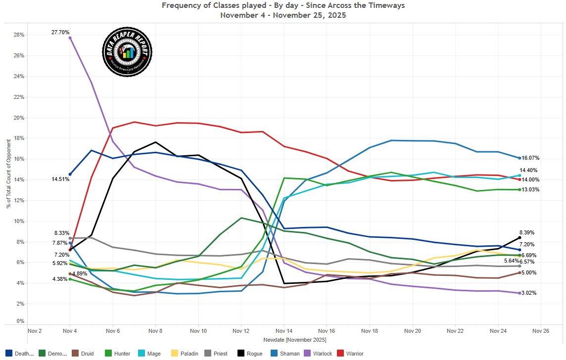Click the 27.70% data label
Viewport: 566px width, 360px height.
point(60,32)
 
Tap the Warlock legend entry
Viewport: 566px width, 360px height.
point(307,354)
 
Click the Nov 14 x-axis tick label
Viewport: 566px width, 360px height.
point(283,330)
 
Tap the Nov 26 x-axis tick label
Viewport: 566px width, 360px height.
point(540,330)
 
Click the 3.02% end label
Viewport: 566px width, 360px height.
point(528,293)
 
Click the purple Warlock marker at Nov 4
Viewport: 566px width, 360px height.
point(70,38)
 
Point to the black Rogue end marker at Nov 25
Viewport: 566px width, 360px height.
point(519,238)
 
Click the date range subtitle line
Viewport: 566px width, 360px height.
point(283,15)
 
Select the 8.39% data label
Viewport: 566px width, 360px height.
point(526,232)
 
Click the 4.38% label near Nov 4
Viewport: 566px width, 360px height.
point(60,279)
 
